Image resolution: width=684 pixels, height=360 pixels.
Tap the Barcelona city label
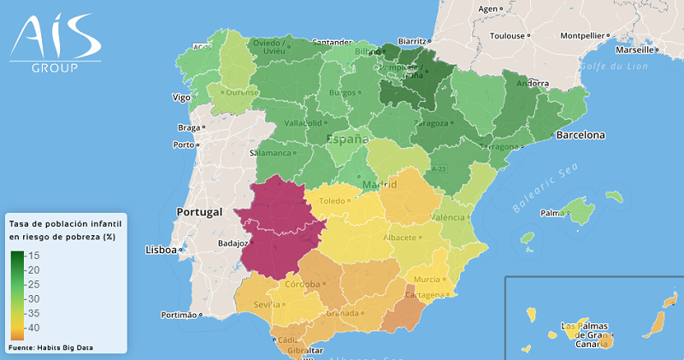581,135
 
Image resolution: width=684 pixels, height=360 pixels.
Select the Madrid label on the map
380,185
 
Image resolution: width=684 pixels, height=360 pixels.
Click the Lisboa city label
160,251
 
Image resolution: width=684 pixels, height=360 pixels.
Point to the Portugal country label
199,211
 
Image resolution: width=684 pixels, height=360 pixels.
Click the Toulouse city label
507,36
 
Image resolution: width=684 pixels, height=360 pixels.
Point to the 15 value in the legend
34,256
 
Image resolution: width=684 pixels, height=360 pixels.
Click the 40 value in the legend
34,328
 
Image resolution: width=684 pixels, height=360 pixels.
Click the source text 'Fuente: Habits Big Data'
50,347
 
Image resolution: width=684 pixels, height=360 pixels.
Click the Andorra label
533,84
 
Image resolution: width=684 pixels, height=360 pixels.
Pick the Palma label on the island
553,212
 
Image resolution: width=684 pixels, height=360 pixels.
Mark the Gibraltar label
304,351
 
